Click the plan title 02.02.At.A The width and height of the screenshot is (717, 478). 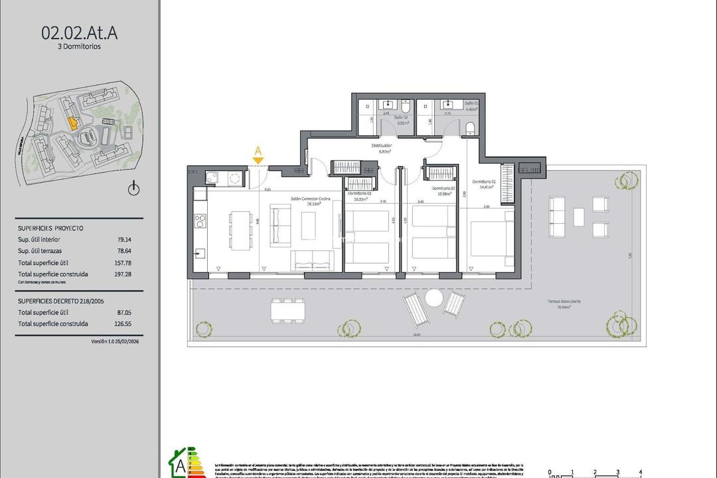(79, 33)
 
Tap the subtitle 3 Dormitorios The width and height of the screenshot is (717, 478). (79, 46)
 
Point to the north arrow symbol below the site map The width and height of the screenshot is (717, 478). (133, 189)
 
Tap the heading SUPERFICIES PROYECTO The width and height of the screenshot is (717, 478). (50, 228)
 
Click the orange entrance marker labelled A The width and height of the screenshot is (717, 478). (258, 154)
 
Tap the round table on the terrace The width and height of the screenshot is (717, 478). (433, 299)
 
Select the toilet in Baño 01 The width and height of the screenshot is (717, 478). (470, 128)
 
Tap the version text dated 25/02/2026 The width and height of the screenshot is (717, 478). (115, 341)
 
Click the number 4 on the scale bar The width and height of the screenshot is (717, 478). (640, 472)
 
